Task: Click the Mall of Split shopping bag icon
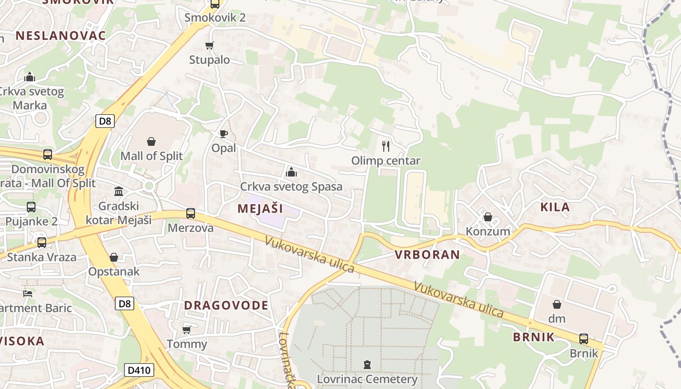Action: pos(151,141)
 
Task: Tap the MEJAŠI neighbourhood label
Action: pos(260,209)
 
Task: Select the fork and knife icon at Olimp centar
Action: pos(386,146)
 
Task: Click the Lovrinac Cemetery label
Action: pos(367,379)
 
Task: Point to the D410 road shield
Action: pos(139,370)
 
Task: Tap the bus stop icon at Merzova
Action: pos(191,213)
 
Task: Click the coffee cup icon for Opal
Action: pos(223,134)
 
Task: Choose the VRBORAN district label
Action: pos(427,254)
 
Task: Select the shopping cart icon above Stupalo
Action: pos(210,45)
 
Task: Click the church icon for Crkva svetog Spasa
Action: pos(291,172)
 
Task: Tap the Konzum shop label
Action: pos(488,231)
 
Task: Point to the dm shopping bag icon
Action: pos(557,304)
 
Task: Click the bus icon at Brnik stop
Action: pos(584,339)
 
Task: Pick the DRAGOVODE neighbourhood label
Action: pos(226,305)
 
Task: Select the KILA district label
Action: pos(555,207)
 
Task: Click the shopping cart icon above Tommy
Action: pos(186,330)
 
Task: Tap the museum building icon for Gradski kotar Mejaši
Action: pos(119,191)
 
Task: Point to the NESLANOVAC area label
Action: pos(61,35)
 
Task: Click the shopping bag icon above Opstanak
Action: pos(114,257)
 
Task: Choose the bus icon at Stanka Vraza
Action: pos(42,242)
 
